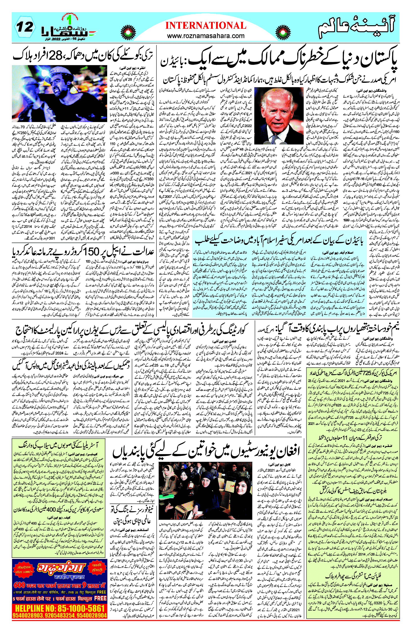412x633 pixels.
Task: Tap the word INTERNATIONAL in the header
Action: [206, 26]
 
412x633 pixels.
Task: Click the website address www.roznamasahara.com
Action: [206, 36]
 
